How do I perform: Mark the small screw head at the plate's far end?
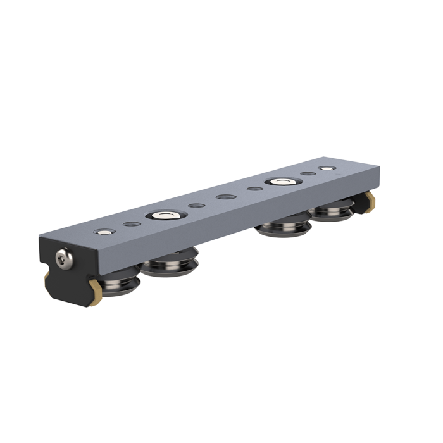[x=326, y=169]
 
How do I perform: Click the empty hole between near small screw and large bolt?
[x=132, y=225]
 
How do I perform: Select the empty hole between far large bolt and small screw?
[x=308, y=174]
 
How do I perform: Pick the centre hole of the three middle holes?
[x=224, y=197]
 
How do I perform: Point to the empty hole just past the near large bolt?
[x=196, y=206]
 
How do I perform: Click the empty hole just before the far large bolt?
[x=254, y=189]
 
